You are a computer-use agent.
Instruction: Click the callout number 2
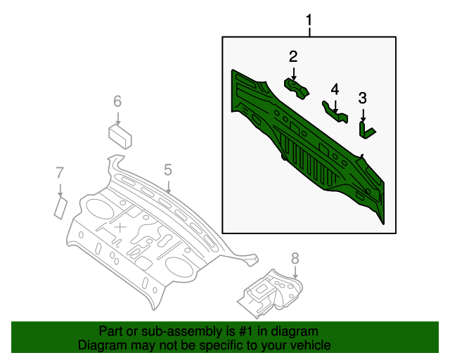[x=293, y=57]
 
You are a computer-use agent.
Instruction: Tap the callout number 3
[x=363, y=98]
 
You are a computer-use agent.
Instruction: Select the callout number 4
[x=335, y=89]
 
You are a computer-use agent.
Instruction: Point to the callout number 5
[x=168, y=169]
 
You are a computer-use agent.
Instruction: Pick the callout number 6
[x=117, y=102]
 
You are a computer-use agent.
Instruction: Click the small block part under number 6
[x=122, y=134]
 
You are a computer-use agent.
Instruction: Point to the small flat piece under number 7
[x=60, y=207]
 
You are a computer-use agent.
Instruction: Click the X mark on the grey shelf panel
[x=121, y=226]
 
